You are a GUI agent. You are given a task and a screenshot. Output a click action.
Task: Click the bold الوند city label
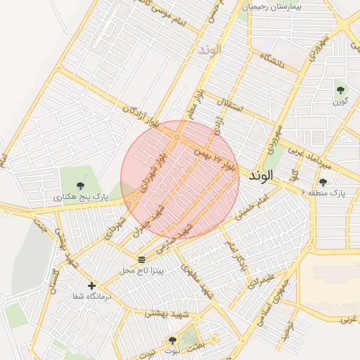[x=259, y=176]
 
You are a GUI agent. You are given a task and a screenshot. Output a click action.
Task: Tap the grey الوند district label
[x=210, y=50]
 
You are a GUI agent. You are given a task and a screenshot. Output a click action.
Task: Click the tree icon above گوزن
[x=341, y=89]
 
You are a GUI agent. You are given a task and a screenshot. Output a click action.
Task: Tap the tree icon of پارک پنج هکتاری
[x=81, y=186]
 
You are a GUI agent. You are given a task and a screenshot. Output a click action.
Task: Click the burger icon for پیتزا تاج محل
[x=141, y=259]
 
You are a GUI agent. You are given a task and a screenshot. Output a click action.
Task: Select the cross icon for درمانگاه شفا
[x=91, y=285]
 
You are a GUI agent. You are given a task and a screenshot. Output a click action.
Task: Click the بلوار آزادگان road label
[x=141, y=112]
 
